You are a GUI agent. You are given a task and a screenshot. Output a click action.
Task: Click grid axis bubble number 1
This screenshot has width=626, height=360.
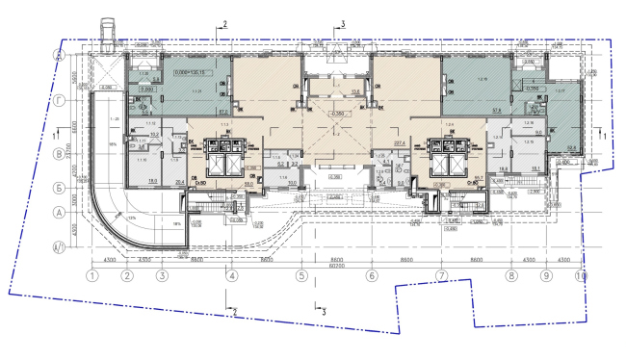click(92, 276)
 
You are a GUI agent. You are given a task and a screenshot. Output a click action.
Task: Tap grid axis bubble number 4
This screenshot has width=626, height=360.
click(231, 276)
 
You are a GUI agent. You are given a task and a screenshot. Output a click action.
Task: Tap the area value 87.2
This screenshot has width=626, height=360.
click(222, 112)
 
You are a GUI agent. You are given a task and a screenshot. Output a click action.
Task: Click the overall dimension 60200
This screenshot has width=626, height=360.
click(336, 266)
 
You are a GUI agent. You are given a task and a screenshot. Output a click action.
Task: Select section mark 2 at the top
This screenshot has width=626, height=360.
click(223, 22)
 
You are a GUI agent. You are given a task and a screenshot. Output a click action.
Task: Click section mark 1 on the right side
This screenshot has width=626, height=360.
click(603, 137)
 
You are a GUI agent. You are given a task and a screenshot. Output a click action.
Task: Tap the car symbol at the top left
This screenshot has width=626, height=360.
click(107, 32)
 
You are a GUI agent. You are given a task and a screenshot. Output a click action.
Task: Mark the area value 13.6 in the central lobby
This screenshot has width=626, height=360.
click(328, 92)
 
